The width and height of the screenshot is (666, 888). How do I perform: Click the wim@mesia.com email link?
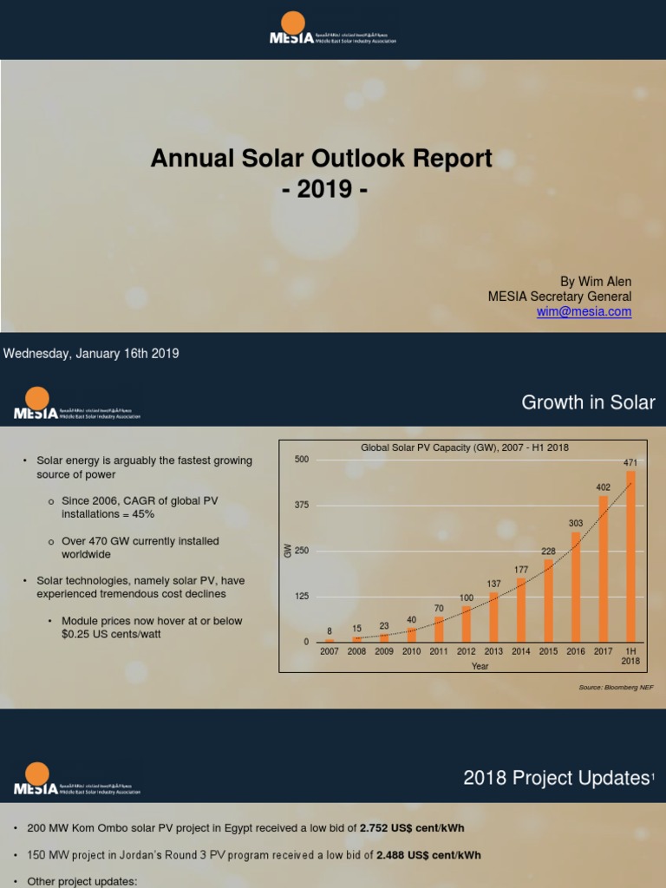tap(584, 311)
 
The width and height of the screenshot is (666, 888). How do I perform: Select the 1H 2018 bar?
tap(630, 556)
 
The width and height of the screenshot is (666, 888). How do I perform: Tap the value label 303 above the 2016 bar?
tap(576, 523)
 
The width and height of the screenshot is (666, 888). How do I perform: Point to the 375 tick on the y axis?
tap(301, 505)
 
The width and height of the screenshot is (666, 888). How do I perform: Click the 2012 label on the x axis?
tap(467, 651)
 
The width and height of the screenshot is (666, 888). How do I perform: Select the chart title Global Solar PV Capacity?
tap(464, 447)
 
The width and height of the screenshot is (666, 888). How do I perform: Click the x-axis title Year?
tap(480, 666)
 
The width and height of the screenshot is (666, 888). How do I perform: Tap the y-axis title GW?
tap(289, 551)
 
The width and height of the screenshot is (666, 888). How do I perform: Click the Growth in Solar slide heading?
tap(587, 402)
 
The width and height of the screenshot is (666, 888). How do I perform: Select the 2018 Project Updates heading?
tap(556, 778)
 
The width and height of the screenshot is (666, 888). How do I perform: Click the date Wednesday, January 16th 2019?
tap(92, 354)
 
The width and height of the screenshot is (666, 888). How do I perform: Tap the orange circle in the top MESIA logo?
tap(294, 23)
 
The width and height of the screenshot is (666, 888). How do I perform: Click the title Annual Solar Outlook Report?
tap(322, 159)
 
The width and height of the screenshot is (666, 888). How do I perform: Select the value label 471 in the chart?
tap(630, 463)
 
